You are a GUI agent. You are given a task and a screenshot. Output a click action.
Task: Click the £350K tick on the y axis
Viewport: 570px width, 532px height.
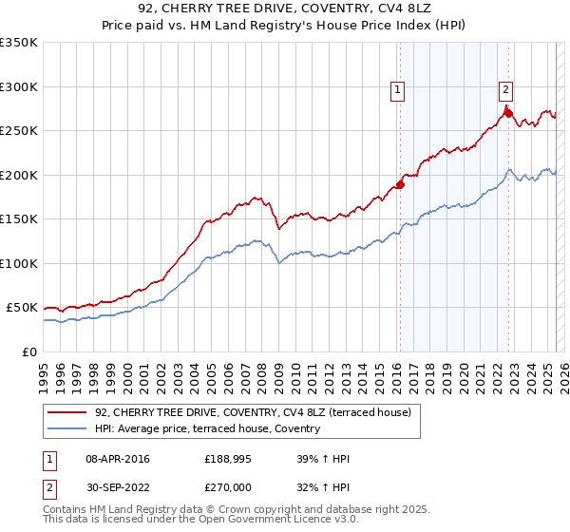[19, 43]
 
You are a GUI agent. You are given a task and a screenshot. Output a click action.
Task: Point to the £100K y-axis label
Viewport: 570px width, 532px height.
[19, 263]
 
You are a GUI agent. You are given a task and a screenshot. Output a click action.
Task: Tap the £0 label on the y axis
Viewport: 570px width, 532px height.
[29, 351]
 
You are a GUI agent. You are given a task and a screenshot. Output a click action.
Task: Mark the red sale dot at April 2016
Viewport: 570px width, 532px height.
[400, 185]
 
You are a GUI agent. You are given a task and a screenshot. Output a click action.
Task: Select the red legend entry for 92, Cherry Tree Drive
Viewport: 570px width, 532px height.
[252, 412]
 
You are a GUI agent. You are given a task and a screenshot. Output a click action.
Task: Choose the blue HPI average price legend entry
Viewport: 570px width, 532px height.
[207, 428]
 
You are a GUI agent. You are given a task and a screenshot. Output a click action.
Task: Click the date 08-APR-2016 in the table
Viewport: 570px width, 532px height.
[117, 459]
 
